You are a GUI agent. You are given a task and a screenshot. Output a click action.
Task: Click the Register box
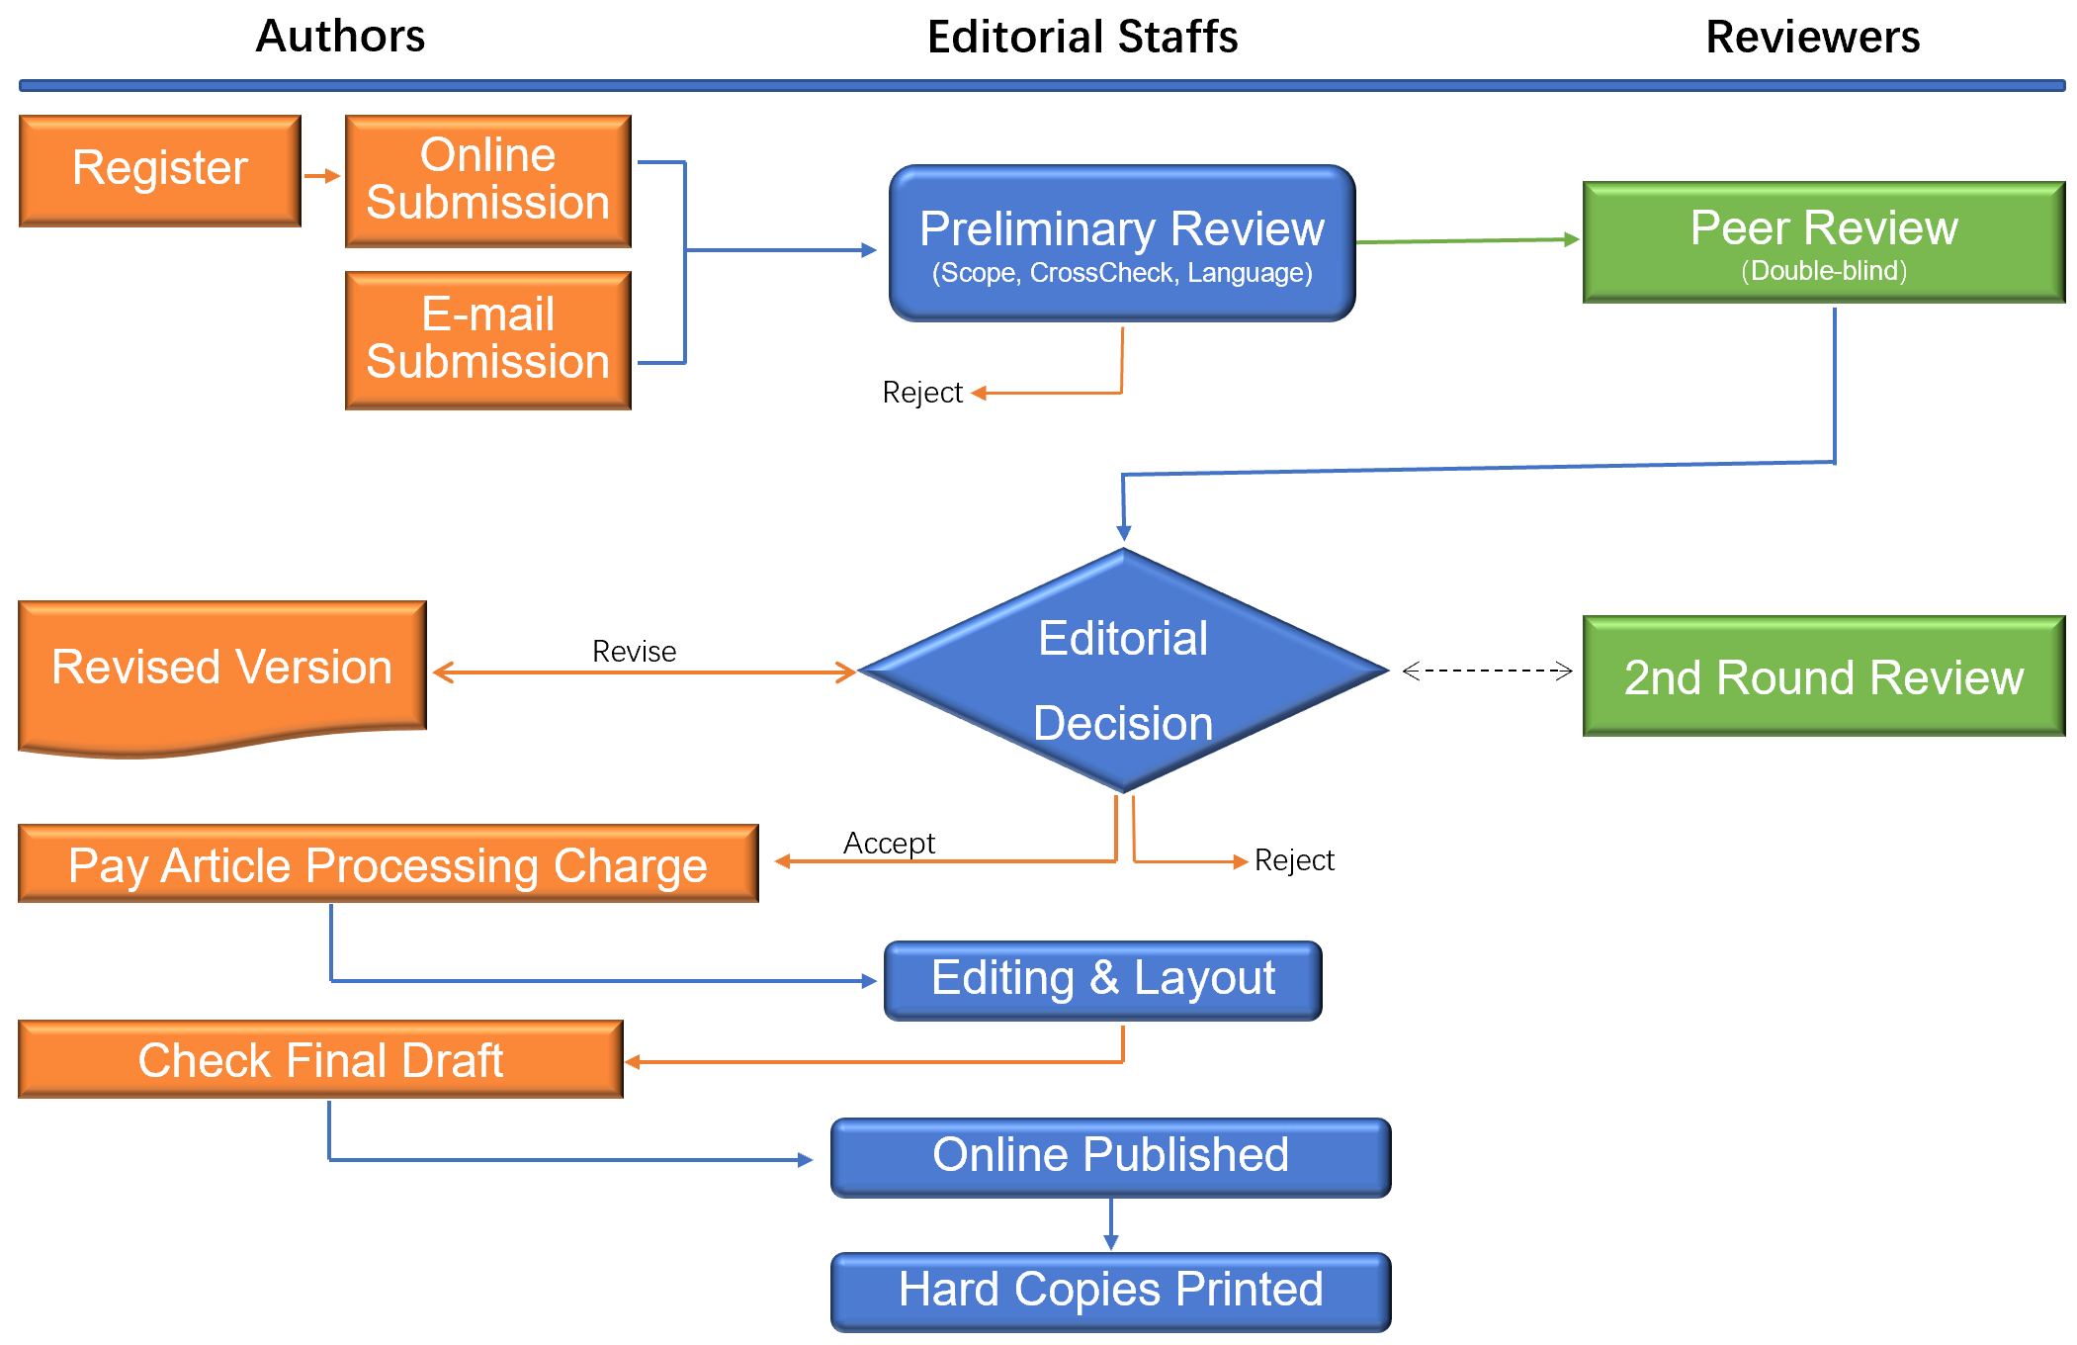159,170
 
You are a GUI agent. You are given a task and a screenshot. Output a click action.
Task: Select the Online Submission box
487,180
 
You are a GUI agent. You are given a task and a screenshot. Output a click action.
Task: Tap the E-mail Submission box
487,339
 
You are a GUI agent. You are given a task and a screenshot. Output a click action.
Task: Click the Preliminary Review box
1121,243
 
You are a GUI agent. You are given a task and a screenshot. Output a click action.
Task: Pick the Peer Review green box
1823,242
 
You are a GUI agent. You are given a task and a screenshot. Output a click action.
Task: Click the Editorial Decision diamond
1123,672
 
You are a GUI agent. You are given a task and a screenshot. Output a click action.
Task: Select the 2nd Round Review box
1823,676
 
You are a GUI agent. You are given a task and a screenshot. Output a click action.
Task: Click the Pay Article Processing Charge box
388,864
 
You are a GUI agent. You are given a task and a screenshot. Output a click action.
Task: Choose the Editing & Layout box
1102,980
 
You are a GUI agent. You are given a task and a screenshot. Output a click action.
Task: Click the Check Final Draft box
320,1060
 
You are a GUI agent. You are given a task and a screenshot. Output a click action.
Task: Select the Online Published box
1110,1157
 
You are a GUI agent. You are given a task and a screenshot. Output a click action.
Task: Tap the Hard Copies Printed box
1110,1292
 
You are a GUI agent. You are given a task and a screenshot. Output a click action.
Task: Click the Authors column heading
340,37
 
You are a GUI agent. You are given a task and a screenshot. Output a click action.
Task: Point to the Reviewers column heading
1812,38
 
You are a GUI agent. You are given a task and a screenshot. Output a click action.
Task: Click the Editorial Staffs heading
1082,38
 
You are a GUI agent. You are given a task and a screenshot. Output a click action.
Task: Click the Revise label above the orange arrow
634,652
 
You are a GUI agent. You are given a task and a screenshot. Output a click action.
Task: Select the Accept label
889,844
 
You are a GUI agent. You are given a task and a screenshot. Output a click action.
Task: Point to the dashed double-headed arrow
1487,671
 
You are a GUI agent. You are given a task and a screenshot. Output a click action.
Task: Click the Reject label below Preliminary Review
921,394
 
